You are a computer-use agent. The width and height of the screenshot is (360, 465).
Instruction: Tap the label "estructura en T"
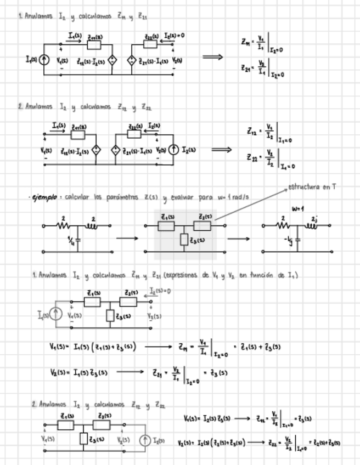pyautogui.click(x=312, y=187)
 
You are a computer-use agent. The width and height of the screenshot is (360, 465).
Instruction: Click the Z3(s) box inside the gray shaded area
pyautogui.click(x=184, y=240)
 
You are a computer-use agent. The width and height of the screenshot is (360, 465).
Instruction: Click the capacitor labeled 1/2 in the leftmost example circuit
pyautogui.click(x=77, y=240)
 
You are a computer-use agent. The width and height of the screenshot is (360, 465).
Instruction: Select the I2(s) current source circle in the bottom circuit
pyautogui.click(x=145, y=440)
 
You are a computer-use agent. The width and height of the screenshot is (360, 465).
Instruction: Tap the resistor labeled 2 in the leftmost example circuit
pyautogui.click(x=63, y=225)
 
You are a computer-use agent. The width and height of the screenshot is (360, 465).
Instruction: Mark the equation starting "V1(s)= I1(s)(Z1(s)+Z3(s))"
pyautogui.click(x=93, y=347)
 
